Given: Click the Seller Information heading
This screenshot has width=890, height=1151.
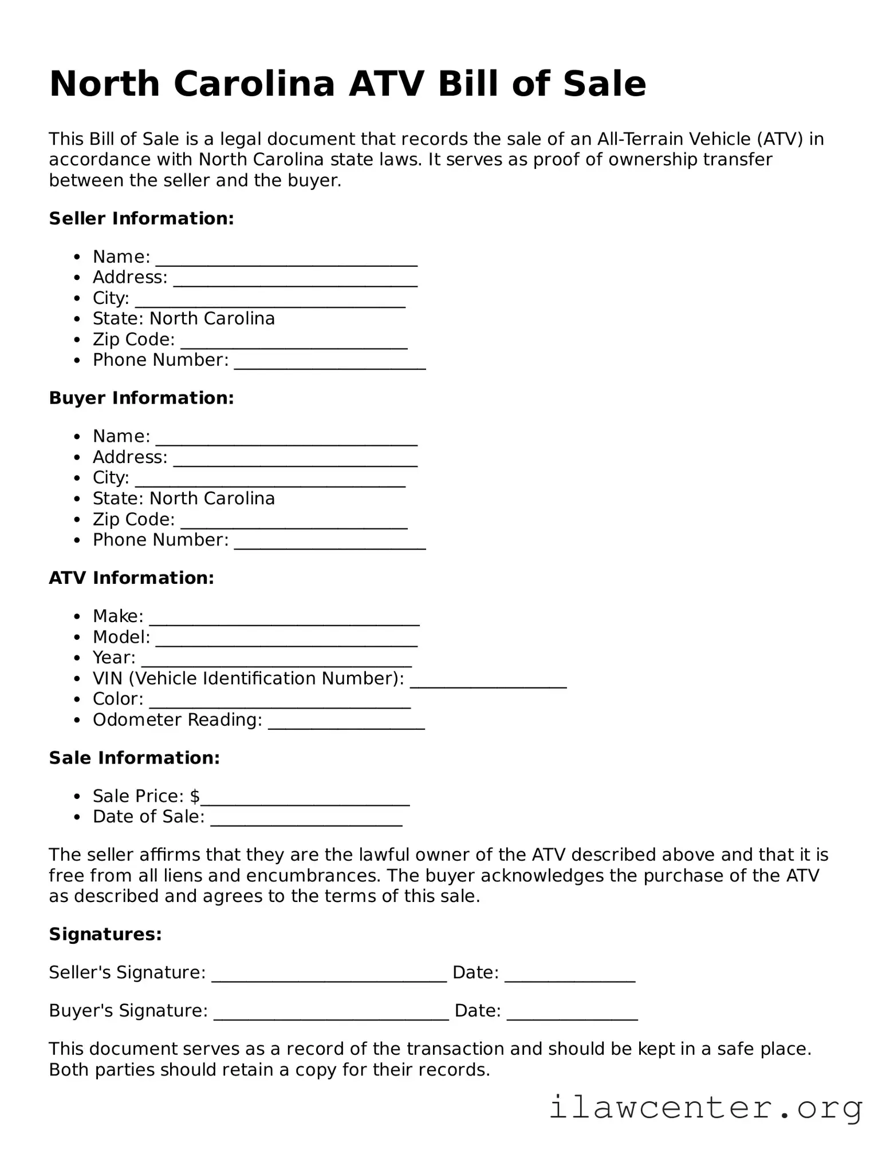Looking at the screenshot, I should click(141, 219).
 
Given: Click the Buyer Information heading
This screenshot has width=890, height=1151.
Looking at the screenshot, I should click(141, 398).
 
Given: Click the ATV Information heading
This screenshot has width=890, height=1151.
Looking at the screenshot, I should click(131, 578).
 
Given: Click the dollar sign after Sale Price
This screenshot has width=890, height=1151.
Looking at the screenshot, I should click(195, 796).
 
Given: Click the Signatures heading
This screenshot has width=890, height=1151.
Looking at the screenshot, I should click(105, 935).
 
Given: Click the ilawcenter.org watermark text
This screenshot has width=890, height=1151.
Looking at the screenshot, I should click(706, 1108).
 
